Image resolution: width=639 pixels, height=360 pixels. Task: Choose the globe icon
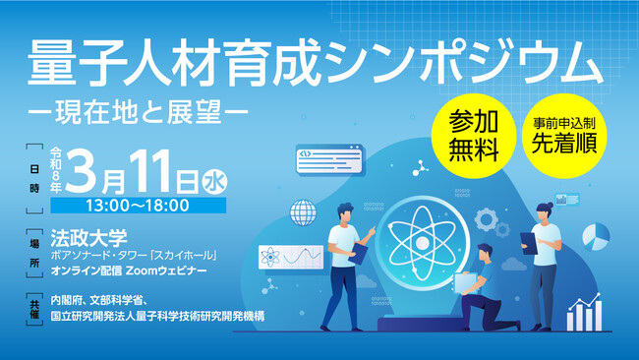pos(302,213)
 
